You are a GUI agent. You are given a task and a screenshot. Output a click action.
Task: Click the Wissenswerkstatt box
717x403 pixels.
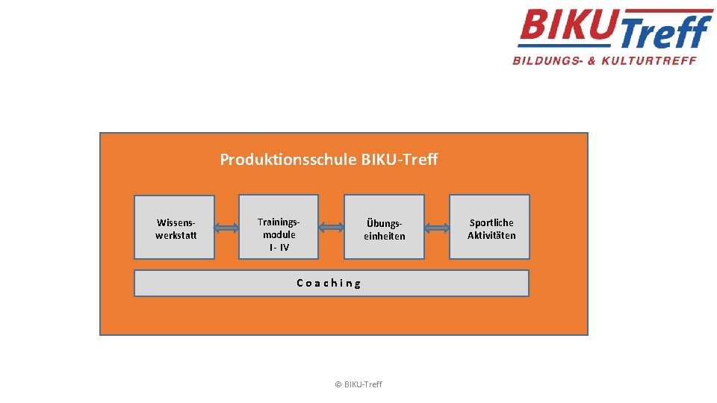tap(174, 228)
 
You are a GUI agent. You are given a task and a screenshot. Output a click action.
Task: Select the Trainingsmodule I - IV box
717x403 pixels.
tap(279, 227)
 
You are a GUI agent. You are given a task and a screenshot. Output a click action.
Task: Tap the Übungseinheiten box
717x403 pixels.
tap(384, 228)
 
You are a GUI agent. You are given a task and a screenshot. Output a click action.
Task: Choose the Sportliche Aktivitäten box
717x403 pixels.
tap(489, 228)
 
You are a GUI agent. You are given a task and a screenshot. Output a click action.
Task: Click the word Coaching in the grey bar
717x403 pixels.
tap(329, 283)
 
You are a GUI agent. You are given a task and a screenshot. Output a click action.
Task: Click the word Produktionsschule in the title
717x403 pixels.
tap(288, 160)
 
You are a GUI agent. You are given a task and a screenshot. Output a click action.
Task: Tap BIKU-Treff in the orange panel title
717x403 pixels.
tap(400, 160)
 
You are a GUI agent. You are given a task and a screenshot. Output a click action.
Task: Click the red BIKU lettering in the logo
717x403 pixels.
tap(568, 28)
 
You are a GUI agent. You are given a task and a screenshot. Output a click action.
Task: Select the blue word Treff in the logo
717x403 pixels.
tap(665, 34)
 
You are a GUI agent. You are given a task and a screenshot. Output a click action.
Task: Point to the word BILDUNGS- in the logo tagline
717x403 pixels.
tap(547, 60)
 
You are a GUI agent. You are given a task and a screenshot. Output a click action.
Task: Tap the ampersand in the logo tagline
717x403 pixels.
tap(592, 60)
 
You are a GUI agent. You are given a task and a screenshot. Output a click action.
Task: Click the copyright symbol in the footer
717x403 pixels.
tap(338, 384)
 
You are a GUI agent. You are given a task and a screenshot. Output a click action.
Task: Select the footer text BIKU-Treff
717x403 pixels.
tap(364, 384)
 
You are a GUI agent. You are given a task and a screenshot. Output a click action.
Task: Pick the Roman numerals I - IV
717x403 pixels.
tap(279, 247)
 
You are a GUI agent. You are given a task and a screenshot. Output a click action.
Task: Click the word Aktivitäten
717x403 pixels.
tap(491, 235)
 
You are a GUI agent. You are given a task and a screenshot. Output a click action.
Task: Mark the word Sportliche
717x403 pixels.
tap(491, 222)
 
